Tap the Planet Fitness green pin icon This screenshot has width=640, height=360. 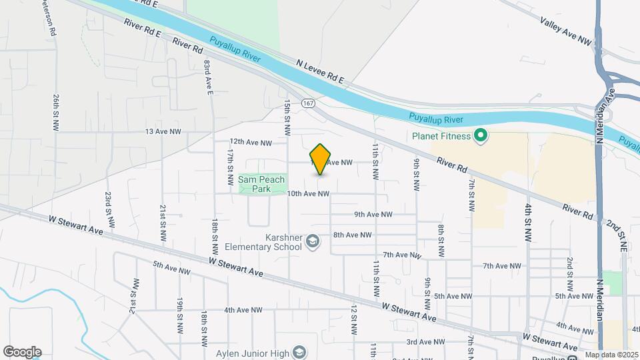click(481, 137)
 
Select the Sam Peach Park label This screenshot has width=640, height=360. click(261, 184)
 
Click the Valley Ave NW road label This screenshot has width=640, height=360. click(565, 31)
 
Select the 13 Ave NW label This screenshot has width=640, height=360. click(163, 132)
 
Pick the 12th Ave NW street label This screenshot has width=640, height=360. click(251, 143)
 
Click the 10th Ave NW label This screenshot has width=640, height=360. click(308, 194)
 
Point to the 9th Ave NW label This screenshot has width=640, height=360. click(373, 215)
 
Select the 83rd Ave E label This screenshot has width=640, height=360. click(208, 77)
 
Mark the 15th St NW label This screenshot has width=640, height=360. click(287, 117)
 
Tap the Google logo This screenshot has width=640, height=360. click(22, 352)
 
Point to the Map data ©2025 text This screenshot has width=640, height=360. click(611, 355)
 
